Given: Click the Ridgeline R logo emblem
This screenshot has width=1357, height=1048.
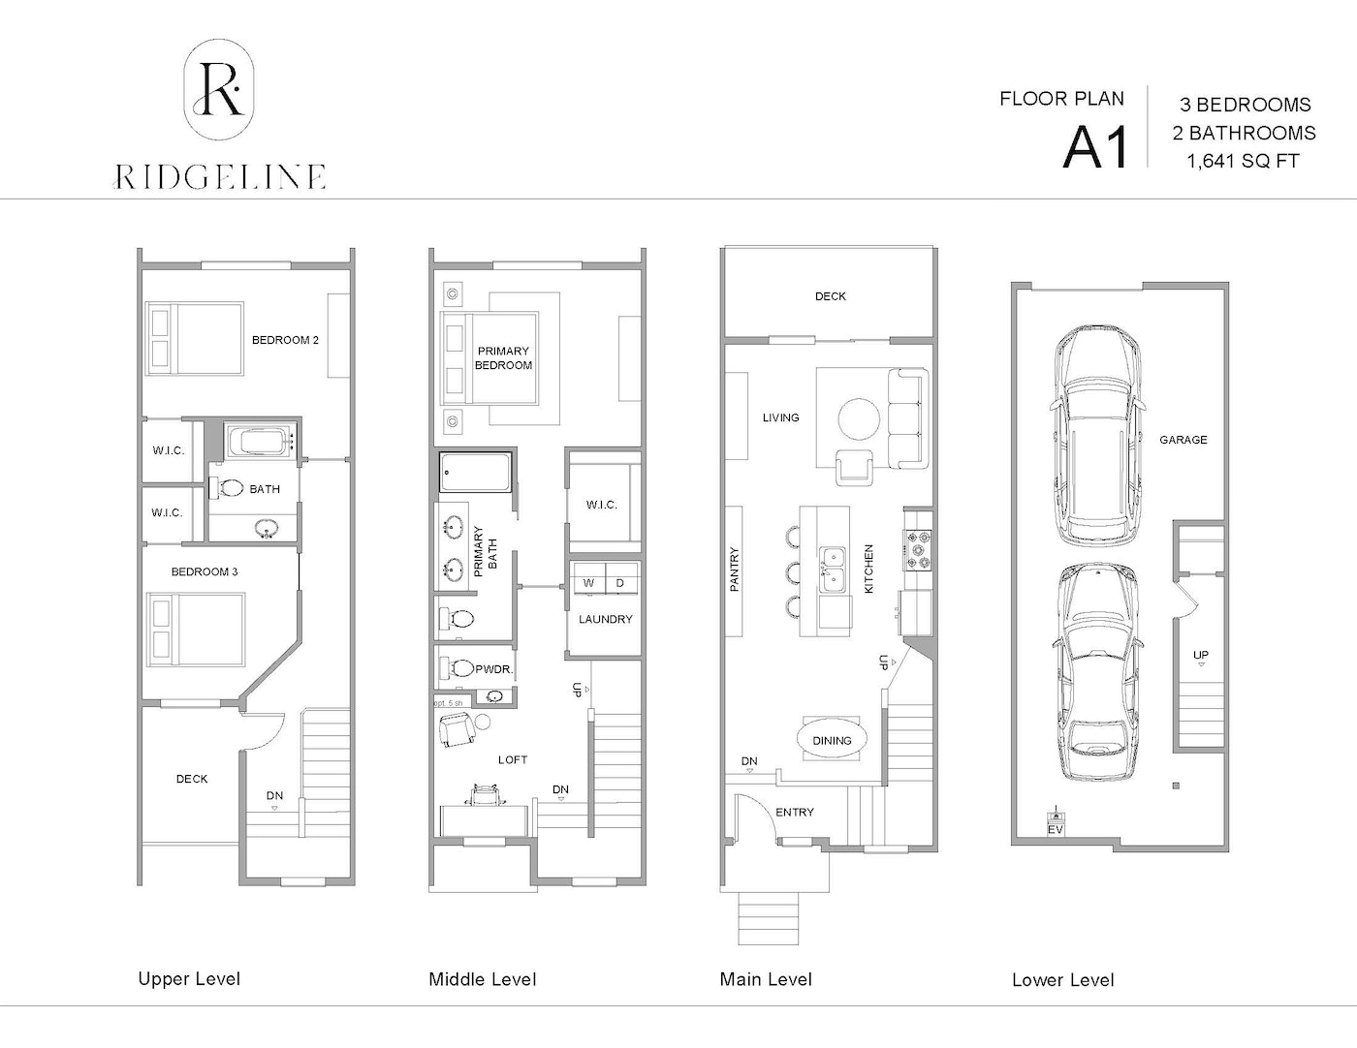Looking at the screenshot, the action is coord(219,89).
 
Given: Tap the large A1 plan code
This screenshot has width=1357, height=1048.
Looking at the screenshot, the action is coord(1095,147).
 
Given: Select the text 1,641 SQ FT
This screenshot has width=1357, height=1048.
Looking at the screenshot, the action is coord(1243,161).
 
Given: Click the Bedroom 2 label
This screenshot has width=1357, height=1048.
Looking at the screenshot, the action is coord(285,340).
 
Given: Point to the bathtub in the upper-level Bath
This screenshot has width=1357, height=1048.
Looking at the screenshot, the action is coord(259,441).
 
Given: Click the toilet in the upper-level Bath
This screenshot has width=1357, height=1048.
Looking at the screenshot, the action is coord(226,488).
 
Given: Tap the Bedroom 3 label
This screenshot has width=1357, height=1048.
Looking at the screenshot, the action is coord(205,571).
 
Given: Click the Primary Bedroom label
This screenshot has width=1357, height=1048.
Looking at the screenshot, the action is coord(503,358).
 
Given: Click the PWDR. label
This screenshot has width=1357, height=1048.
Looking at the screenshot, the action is coord(494,669).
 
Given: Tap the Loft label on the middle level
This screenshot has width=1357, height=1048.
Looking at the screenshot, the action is coord(513,759).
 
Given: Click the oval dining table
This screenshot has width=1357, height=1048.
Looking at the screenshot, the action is coord(832,740).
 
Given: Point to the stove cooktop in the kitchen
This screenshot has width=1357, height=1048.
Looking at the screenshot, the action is coord(917,549).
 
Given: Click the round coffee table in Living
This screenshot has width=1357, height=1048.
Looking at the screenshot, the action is coord(859,419).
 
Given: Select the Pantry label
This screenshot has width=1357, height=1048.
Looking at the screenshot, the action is coord(734,569).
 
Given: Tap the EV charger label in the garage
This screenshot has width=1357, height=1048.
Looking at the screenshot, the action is coord(1056,829).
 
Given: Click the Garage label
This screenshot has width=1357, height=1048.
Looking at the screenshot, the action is coord(1183,440).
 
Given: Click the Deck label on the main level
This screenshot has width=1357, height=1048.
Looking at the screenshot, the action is coord(830,296).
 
